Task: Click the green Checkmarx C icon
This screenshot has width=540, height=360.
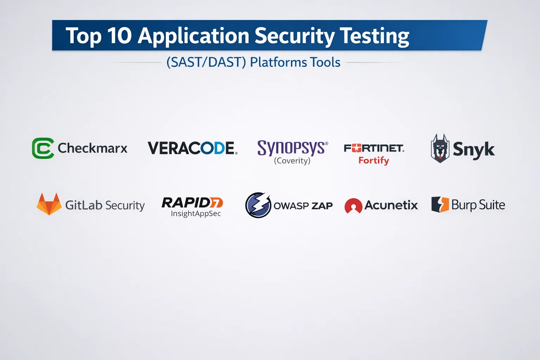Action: pyautogui.click(x=43, y=148)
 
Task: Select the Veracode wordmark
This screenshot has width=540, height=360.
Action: pyautogui.click(x=192, y=148)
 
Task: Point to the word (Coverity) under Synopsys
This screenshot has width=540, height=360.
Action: pyautogui.click(x=292, y=161)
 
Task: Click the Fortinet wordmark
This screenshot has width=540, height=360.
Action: pyautogui.click(x=374, y=148)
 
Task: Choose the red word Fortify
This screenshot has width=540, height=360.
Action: pyautogui.click(x=374, y=161)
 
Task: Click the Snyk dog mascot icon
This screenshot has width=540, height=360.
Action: pyautogui.click(x=440, y=148)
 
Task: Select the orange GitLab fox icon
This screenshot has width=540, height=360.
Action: pyautogui.click(x=49, y=204)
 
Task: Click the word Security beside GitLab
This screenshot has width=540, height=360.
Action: pyautogui.click(x=125, y=205)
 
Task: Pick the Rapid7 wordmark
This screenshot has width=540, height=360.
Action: pyautogui.click(x=192, y=202)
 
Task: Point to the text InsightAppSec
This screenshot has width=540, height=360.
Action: pyautogui.click(x=196, y=214)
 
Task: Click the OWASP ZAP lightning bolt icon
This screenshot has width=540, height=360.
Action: pyautogui.click(x=258, y=205)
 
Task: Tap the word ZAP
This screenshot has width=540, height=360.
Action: pyautogui.click(x=322, y=206)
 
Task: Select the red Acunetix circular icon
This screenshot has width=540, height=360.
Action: pyautogui.click(x=353, y=206)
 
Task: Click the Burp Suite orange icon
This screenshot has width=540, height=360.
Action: pyautogui.click(x=440, y=205)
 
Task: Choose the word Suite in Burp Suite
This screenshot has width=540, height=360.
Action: pyautogui.click(x=492, y=205)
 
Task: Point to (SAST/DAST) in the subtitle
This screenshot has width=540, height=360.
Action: pyautogui.click(x=206, y=62)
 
